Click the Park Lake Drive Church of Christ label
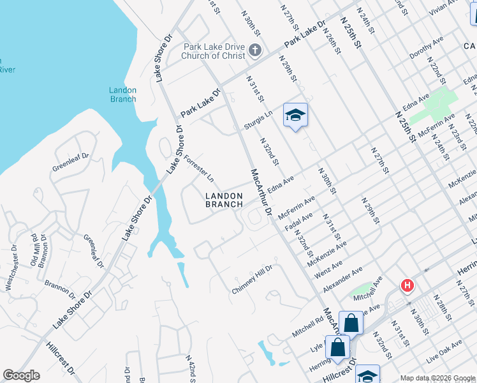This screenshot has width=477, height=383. pos(214,51)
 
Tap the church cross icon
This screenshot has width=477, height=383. pos(254,50)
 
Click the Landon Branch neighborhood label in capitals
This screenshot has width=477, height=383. pos(224,200)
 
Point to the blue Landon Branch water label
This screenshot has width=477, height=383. pos(122,94)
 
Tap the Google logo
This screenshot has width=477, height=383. pos(21,375)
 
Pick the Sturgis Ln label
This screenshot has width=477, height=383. pos(258,119)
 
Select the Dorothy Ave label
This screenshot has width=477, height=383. pos(426,48)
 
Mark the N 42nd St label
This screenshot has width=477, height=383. pos(190,368)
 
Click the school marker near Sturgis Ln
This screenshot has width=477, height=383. pos(295,116)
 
